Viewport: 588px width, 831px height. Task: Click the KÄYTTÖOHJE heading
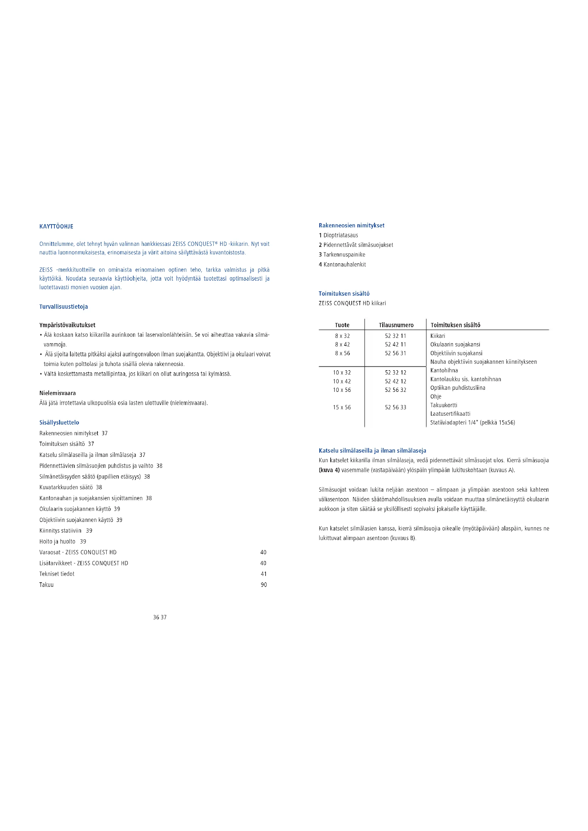56,227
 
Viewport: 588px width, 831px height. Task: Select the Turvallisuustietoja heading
63,307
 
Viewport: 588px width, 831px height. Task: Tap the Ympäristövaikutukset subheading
67,325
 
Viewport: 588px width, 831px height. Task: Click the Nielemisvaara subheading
58,393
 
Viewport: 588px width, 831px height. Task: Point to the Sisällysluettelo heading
59,422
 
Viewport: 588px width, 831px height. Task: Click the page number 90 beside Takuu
263,585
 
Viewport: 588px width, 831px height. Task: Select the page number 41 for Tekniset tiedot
263,574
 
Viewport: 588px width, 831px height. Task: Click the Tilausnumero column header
396,325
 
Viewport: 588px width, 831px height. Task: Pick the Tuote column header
342,325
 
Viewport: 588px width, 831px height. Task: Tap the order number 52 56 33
395,408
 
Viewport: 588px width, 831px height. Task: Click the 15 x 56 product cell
342,408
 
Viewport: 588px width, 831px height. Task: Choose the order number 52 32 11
395,336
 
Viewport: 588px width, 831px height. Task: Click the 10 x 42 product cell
342,382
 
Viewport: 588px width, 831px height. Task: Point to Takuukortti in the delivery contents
444,405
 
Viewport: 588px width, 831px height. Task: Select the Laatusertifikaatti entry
450,414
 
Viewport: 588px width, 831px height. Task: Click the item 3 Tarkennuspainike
342,255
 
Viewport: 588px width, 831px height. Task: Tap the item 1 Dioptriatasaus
338,235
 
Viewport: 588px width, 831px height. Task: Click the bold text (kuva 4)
329,470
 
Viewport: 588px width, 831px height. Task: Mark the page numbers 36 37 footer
160,617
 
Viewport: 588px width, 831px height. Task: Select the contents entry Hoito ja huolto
63,541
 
